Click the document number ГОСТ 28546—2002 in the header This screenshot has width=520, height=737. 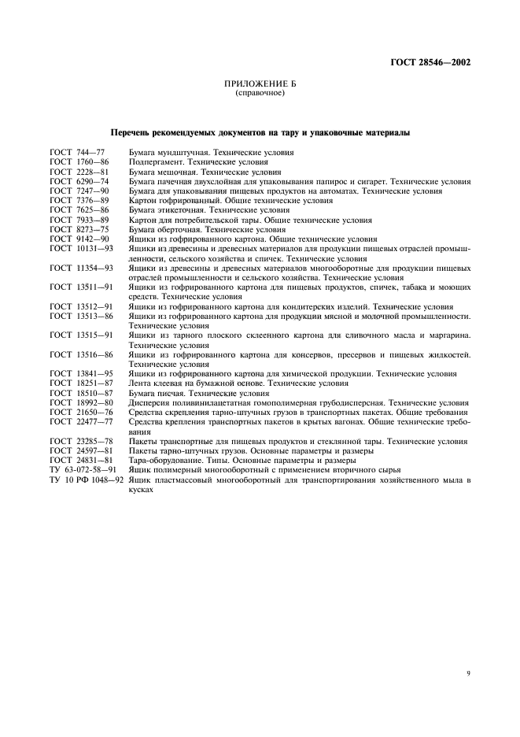tap(432, 63)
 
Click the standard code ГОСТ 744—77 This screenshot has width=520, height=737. tap(72, 152)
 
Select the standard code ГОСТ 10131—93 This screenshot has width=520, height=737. tap(77, 249)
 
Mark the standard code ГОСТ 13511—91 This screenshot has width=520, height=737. tap(77, 287)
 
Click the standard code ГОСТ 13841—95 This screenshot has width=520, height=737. tap(77, 374)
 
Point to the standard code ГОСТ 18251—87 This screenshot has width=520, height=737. tap(77, 383)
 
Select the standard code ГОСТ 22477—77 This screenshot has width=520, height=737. tap(77, 422)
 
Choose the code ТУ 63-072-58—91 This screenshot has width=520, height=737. tap(82, 470)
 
